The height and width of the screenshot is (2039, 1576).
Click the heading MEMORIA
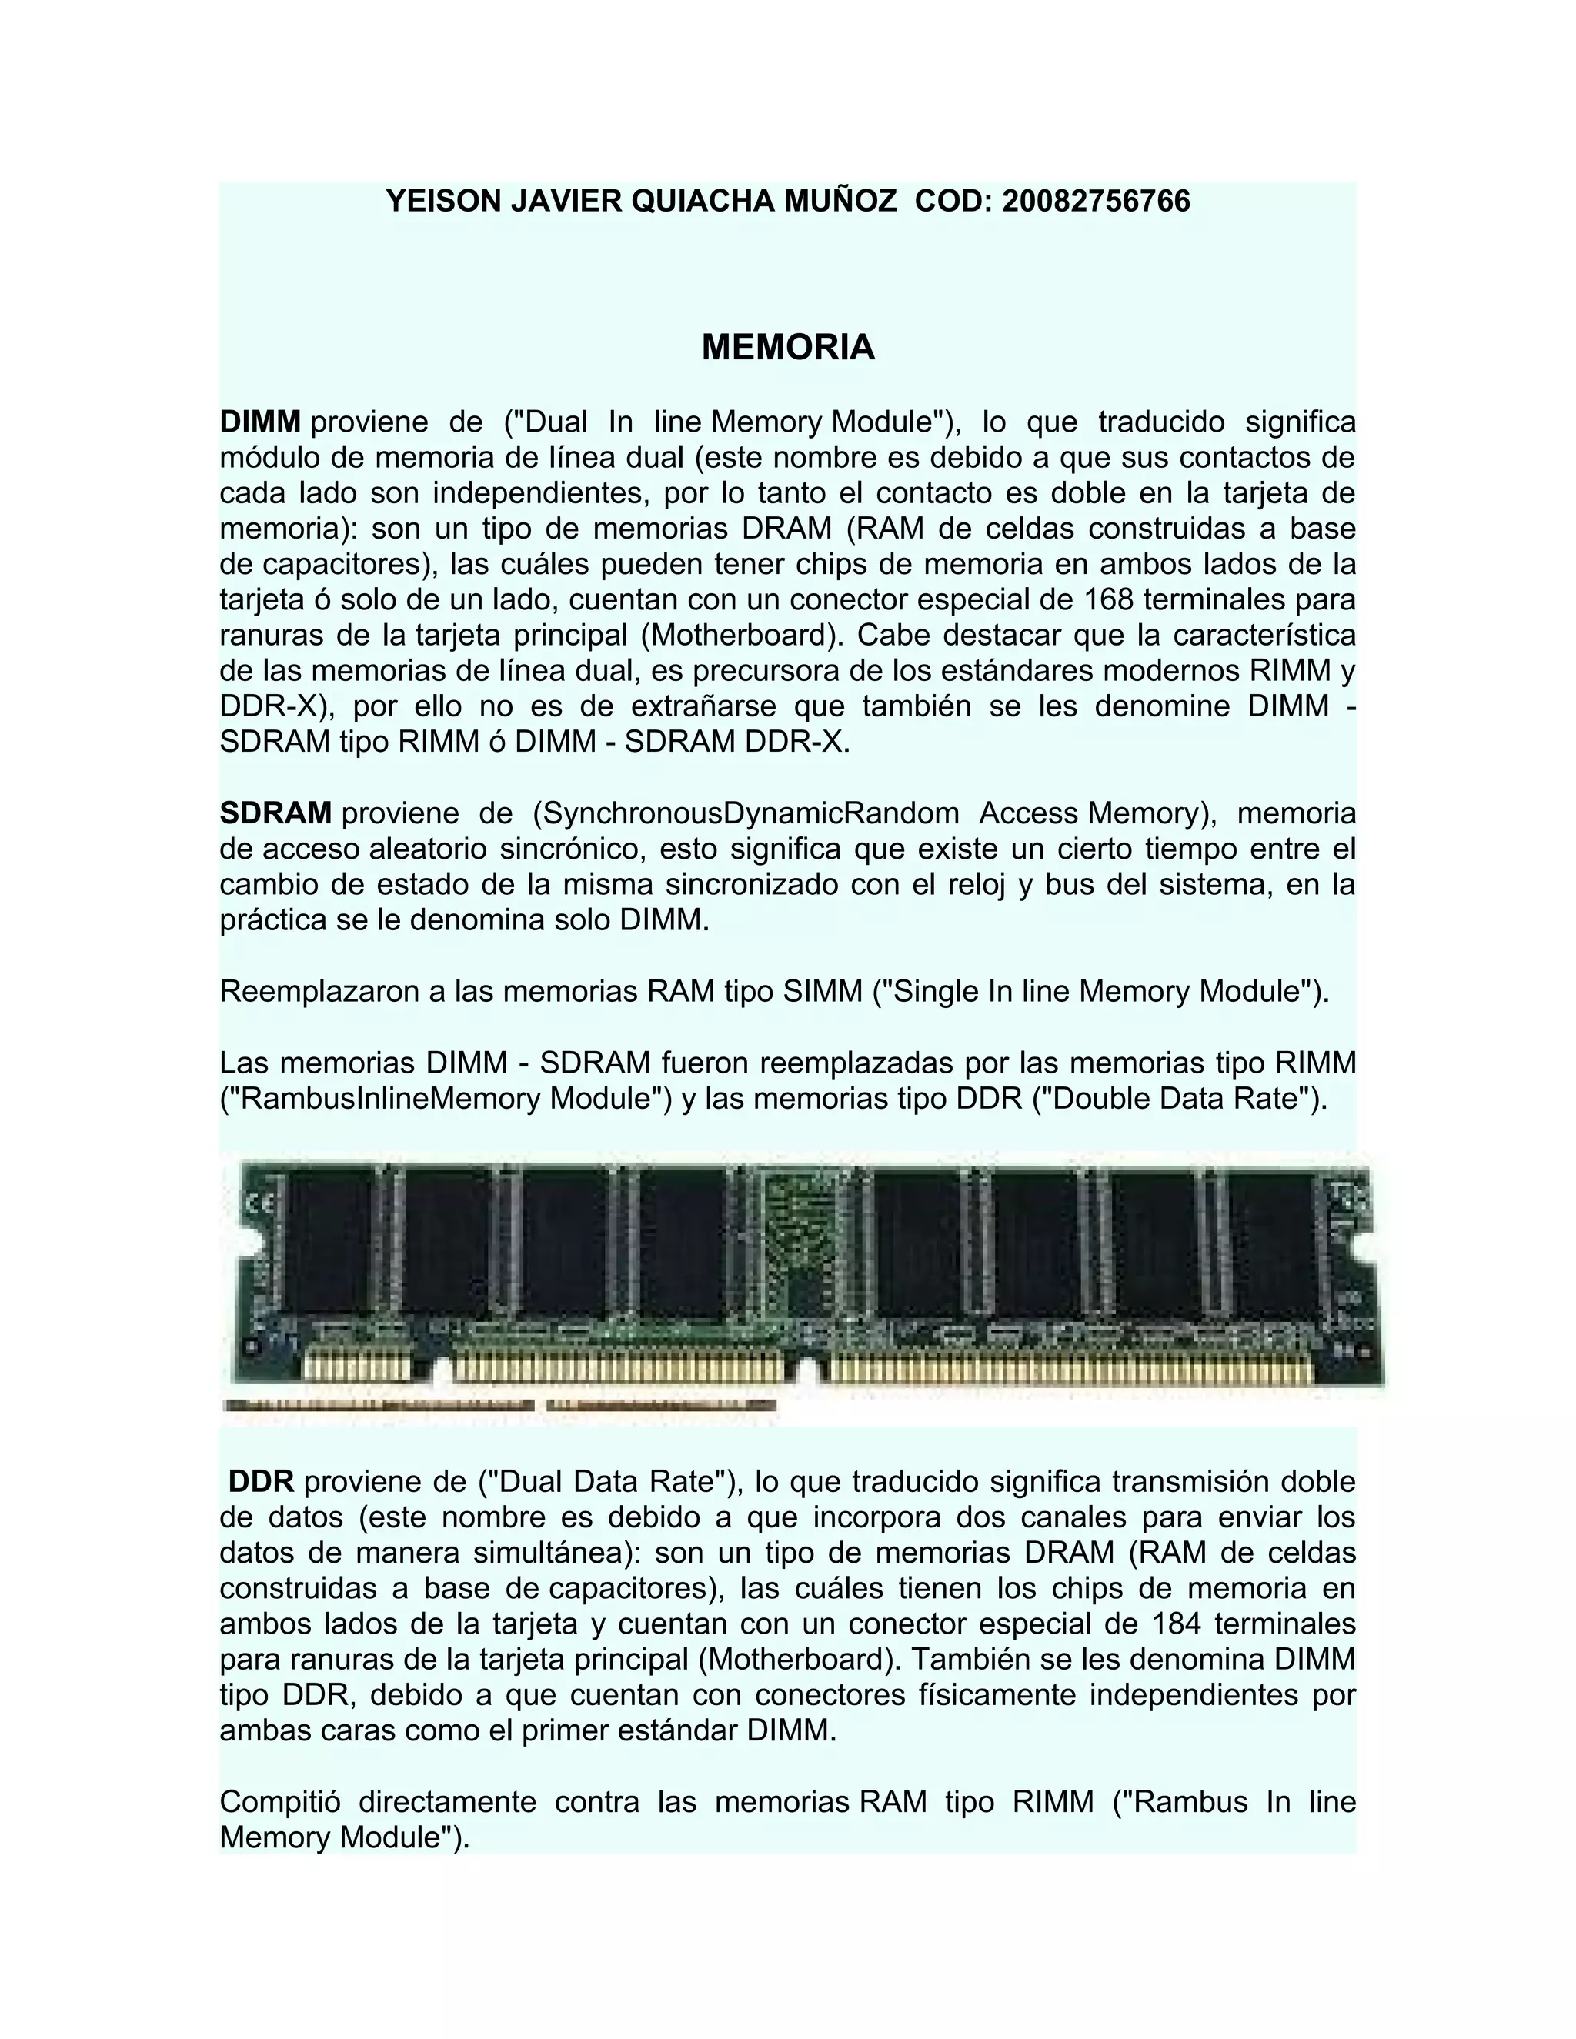point(788,347)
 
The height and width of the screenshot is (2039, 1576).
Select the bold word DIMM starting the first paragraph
point(259,422)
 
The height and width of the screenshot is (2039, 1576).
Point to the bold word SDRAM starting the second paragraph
point(275,813)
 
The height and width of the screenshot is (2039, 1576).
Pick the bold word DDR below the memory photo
point(262,1482)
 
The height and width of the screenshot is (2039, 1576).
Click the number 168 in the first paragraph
point(1111,599)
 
